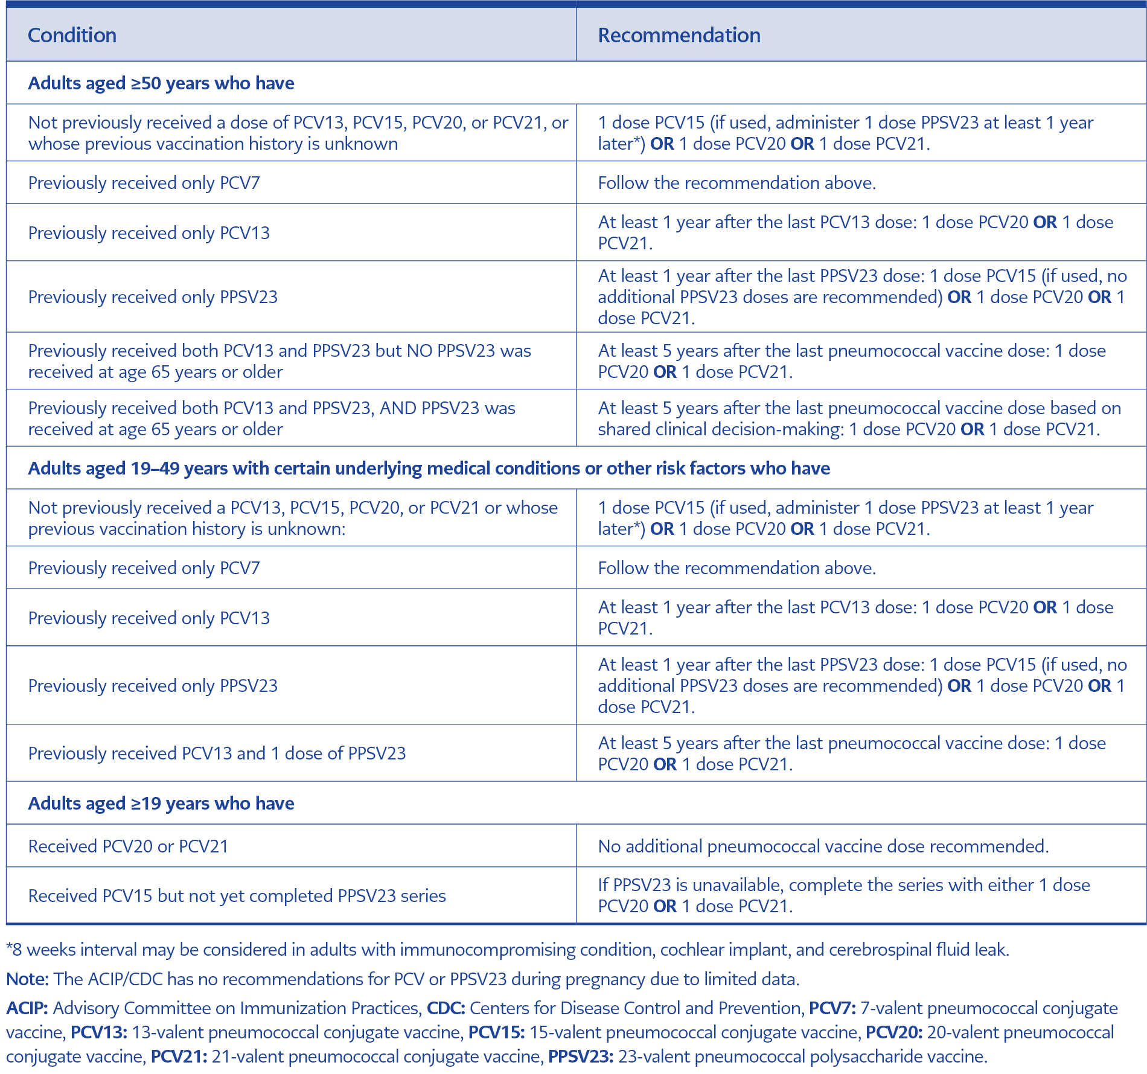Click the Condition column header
click(72, 35)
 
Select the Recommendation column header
click(679, 35)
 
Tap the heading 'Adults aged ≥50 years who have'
click(161, 83)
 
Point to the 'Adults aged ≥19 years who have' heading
click(161, 803)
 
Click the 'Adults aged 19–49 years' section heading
click(429, 468)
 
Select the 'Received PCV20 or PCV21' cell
click(129, 846)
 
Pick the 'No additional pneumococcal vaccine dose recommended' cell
click(823, 846)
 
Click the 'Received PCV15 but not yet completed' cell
click(237, 895)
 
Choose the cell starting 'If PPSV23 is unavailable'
click(843, 895)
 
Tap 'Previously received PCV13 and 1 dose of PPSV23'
click(217, 753)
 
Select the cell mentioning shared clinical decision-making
click(859, 418)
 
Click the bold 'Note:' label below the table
click(27, 979)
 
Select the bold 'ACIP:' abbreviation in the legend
click(27, 1008)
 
